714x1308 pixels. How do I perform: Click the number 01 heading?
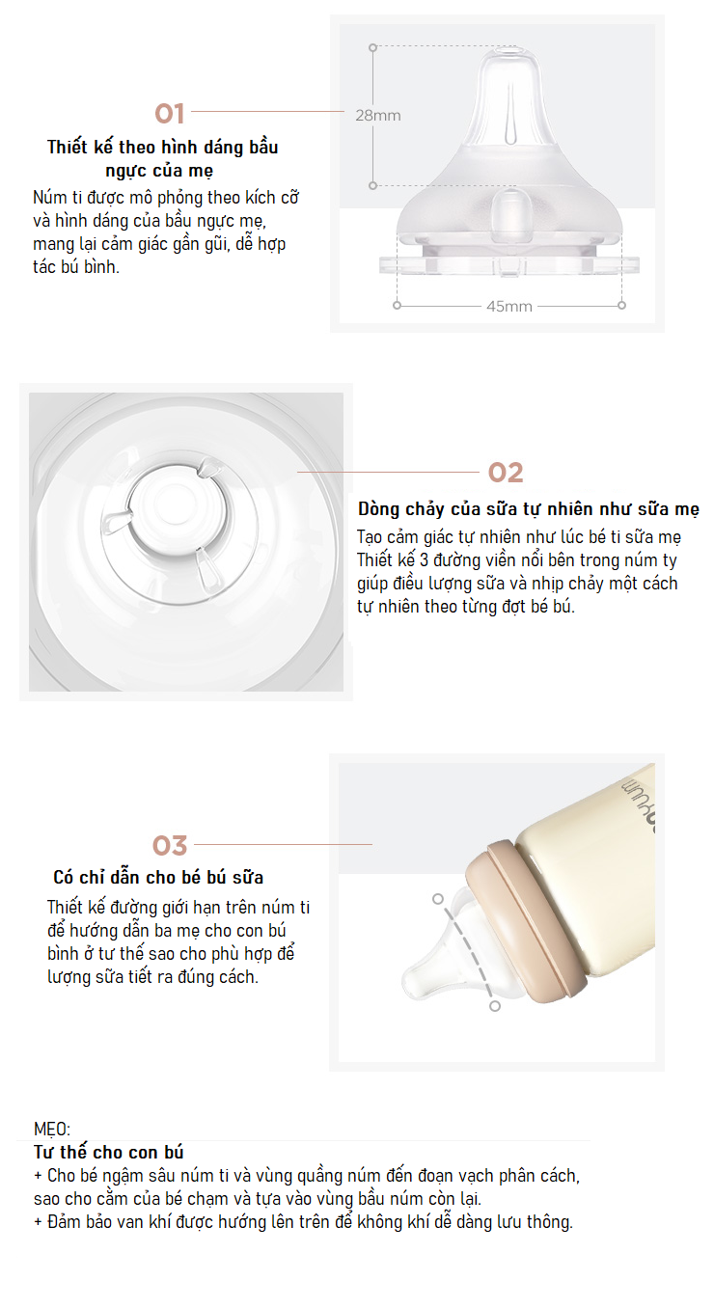170,113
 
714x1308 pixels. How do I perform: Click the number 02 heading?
506,473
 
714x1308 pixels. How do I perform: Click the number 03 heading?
170,846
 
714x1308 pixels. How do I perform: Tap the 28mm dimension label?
378,116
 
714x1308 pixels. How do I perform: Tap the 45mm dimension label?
508,306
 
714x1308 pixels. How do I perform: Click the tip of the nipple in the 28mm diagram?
508,51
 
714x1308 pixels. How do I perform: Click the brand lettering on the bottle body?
638,802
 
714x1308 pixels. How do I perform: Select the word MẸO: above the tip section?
51,1129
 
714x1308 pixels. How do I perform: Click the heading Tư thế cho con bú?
109,1152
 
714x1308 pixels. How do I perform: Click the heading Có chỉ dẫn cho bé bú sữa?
158,877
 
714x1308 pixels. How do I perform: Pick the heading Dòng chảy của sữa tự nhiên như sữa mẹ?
528,508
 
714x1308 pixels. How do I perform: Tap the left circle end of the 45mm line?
397,306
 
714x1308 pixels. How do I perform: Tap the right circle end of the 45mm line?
621,306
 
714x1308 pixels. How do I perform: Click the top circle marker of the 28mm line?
372,47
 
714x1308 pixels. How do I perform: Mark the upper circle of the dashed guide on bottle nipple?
438,899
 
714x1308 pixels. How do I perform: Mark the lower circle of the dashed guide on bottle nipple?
494,1006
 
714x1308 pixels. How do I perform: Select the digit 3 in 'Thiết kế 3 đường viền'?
424,560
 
